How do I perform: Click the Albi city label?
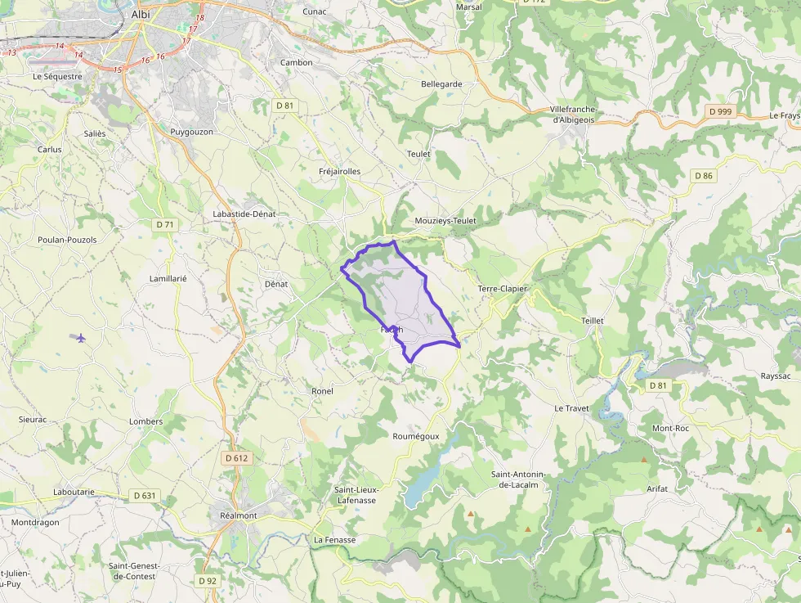click(141, 15)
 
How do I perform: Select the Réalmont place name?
click(238, 515)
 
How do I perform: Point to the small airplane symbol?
click(80, 337)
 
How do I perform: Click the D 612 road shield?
click(236, 458)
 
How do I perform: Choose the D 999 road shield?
click(719, 110)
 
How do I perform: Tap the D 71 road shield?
click(165, 224)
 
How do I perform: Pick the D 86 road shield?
click(703, 176)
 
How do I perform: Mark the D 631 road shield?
click(144, 495)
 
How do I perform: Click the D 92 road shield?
click(208, 580)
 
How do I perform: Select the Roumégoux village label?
click(416, 436)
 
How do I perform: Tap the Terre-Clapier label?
click(502, 289)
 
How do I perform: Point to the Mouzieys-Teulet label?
click(445, 221)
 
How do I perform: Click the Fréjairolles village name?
click(339, 171)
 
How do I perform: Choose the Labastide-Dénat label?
click(244, 214)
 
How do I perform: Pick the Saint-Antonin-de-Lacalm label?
click(517, 479)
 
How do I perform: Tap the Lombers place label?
click(145, 421)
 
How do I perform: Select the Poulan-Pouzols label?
click(67, 240)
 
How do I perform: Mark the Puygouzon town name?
click(192, 131)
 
